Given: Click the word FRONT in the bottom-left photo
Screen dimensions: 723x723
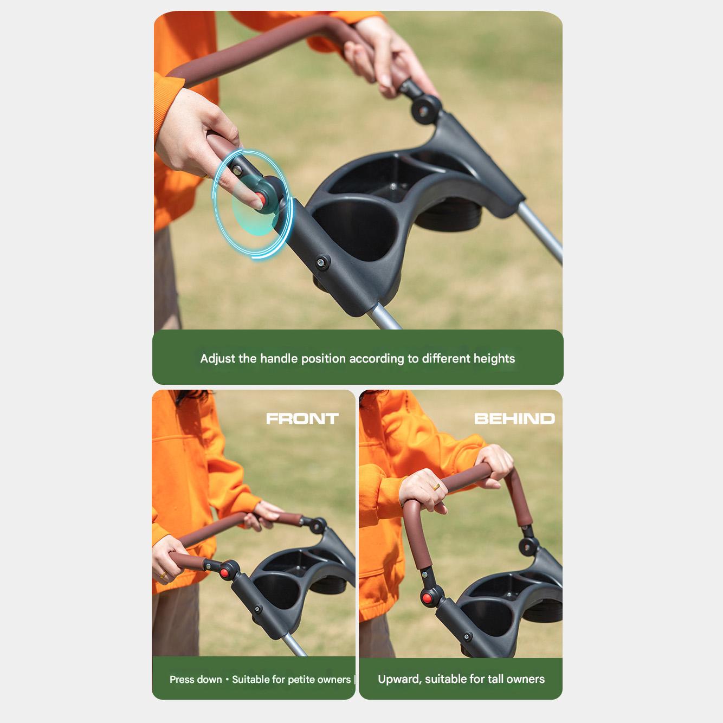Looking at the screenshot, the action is coord(302,419).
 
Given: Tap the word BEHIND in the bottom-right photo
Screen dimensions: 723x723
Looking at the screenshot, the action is coord(514,419).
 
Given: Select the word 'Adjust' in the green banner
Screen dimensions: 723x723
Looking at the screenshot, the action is coord(218,359).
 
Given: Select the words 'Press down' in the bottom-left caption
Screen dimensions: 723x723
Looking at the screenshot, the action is coord(196,680).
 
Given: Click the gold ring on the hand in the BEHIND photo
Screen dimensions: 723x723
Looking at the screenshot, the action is coord(436,487).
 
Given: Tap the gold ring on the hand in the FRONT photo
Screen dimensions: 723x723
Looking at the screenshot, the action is coord(163,575).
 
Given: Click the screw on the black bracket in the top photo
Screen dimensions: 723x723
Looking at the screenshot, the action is coord(321,262).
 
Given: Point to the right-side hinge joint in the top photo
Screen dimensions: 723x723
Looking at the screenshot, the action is coord(425,109).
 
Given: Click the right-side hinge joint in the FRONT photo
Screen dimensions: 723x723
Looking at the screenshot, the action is coord(318,526).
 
